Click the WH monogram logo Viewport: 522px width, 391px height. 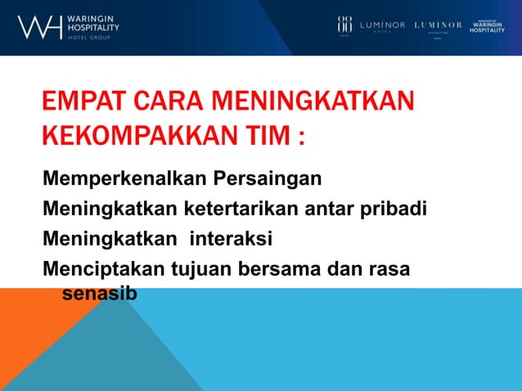[38, 27]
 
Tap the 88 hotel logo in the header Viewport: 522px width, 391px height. [344, 25]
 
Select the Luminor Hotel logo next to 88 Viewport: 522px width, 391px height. [383, 25]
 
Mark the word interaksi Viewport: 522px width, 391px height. [231, 238]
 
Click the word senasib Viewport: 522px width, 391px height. [99, 292]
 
